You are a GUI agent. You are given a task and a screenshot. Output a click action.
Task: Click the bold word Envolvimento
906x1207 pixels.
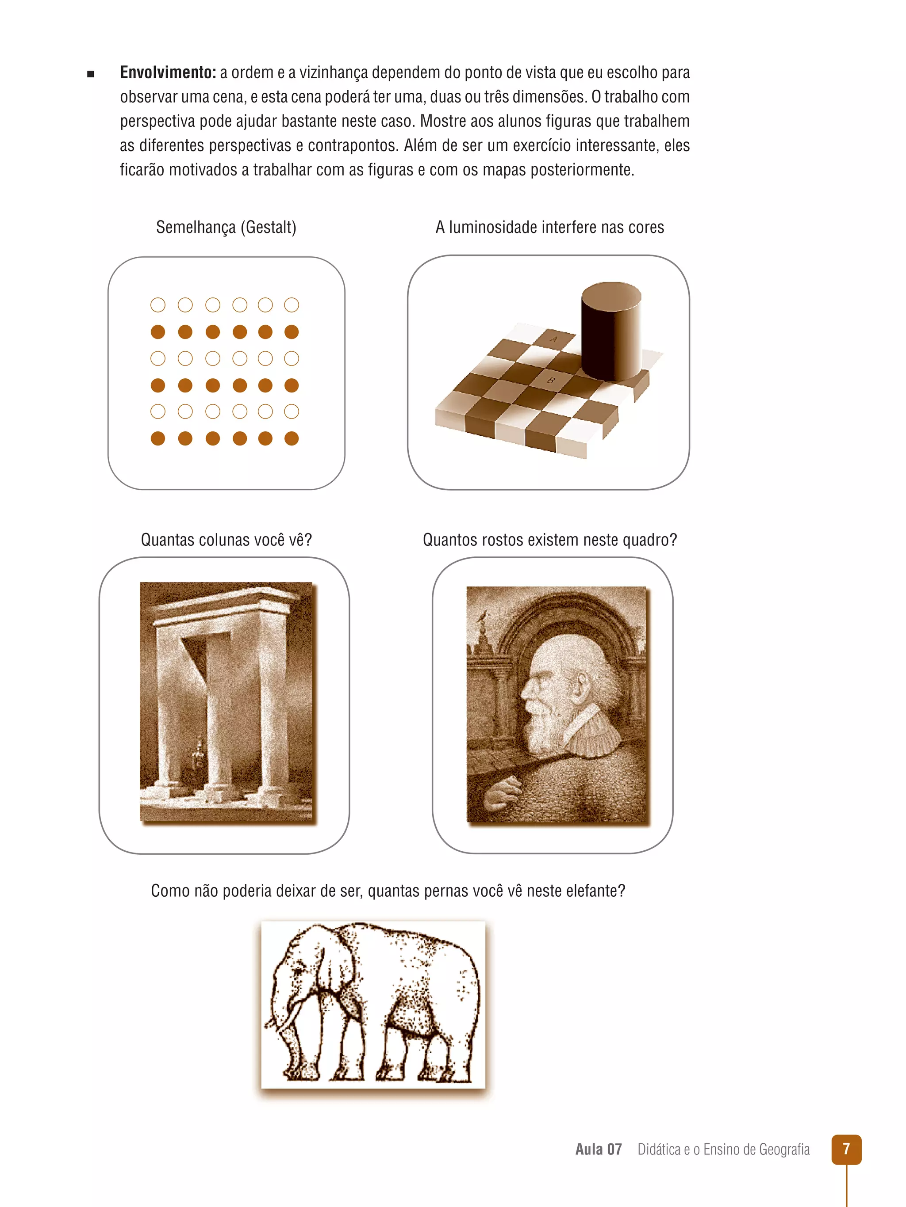168,72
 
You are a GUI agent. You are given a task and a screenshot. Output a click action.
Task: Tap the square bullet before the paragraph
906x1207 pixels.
91,74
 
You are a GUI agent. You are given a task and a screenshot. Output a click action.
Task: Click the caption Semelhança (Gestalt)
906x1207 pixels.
226,227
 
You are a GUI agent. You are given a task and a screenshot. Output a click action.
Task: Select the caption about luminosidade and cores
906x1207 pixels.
550,227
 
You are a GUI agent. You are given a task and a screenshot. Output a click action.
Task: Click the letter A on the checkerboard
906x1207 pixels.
554,339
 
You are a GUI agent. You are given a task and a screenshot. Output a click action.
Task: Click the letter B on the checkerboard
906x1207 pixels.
550,380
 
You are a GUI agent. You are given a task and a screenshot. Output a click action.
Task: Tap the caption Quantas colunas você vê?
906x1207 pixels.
226,540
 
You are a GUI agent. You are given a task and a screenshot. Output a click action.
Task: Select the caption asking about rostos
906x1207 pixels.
550,540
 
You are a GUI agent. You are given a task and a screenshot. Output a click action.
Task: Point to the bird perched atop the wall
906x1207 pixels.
482,617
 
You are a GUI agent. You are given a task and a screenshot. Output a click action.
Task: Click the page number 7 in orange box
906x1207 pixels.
846,1149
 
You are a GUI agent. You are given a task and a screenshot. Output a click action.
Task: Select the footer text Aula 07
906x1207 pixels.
599,1150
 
